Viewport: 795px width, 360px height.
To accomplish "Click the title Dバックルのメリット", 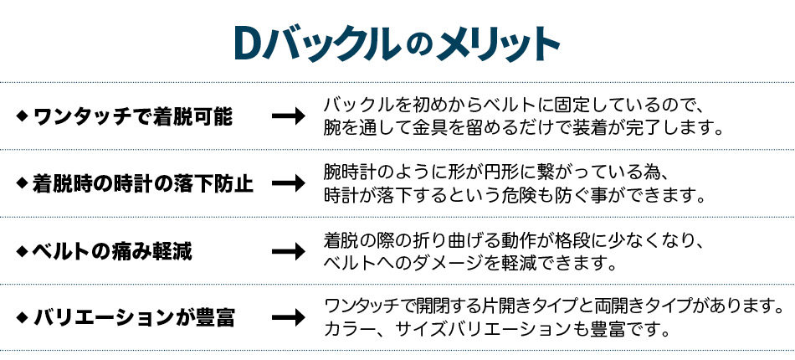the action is [397, 46].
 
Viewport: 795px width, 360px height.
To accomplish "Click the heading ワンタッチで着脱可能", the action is [133, 117].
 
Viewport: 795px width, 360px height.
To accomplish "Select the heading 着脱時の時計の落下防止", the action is [142, 183].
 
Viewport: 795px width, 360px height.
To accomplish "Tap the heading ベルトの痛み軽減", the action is [112, 251].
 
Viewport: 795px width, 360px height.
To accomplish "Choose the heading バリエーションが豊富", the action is [133, 318].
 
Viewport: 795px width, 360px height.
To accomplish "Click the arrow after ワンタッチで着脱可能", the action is [289, 116].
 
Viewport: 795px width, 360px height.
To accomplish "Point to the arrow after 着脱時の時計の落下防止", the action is [289, 183].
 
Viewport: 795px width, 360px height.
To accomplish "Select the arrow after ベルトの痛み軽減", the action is [289, 251].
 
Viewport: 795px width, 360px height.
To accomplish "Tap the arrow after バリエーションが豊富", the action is [289, 318].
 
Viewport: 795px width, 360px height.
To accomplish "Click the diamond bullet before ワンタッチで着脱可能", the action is [22, 116].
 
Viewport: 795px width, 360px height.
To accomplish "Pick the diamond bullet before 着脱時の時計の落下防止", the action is [22, 183].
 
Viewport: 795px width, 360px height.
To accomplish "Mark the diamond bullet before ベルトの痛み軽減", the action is [22, 250].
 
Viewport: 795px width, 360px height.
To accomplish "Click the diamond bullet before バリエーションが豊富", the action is [22, 317].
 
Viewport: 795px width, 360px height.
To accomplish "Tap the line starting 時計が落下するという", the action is [515, 195].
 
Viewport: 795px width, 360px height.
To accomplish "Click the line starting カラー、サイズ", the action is [495, 330].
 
